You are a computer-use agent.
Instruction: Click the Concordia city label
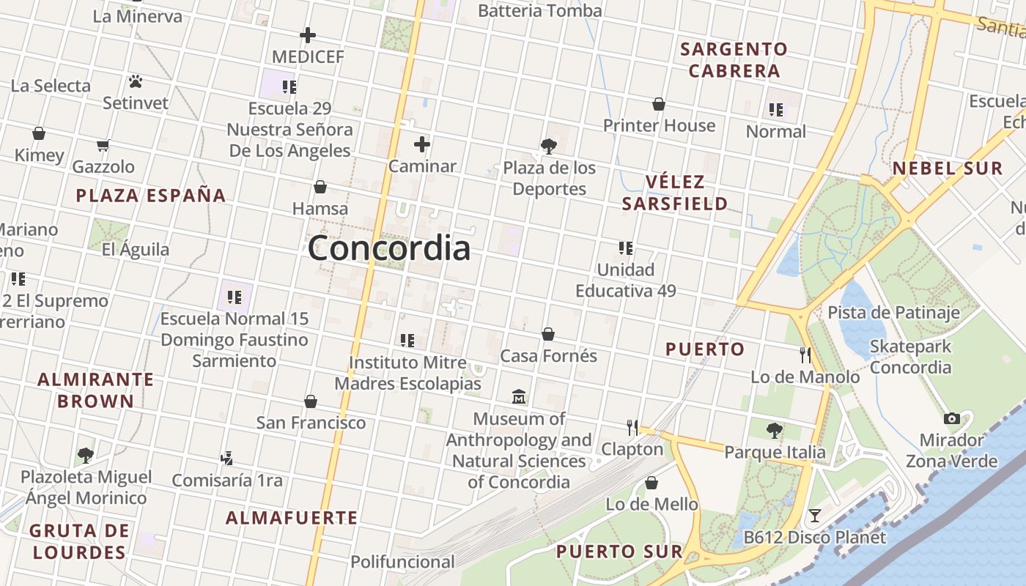click(389, 248)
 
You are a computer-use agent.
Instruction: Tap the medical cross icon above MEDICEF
click(308, 35)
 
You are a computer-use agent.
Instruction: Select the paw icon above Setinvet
click(136, 81)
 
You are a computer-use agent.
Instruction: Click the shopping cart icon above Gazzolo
click(103, 145)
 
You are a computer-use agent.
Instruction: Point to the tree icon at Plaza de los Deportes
click(549, 146)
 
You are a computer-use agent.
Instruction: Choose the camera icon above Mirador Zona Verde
click(952, 418)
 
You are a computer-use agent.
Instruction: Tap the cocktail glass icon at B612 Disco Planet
click(814, 516)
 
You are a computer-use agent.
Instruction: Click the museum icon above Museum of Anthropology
click(519, 397)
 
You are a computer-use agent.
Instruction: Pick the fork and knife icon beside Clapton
click(632, 427)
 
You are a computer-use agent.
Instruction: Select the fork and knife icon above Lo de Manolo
click(805, 355)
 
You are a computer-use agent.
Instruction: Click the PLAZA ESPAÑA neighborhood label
click(151, 196)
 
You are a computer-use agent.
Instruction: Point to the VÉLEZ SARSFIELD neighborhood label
click(674, 193)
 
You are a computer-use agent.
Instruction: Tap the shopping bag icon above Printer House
click(659, 104)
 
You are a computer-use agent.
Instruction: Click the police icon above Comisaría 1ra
click(226, 459)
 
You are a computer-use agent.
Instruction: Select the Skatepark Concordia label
click(910, 357)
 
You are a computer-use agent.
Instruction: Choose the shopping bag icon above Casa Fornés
click(548, 334)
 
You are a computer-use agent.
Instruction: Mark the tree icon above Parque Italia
click(775, 431)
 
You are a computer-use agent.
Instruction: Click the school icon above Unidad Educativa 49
click(625, 248)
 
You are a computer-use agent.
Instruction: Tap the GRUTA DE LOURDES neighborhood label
click(79, 541)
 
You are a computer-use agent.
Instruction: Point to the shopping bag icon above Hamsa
click(320, 187)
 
